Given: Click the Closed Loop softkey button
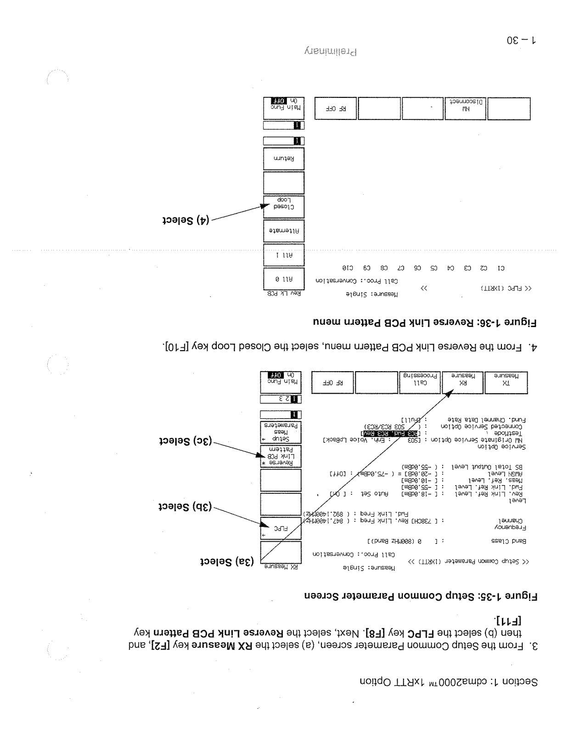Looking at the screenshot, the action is pyautogui.click(x=284, y=207).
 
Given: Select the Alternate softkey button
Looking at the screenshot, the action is pyautogui.click(x=284, y=232).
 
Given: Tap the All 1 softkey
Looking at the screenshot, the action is pyautogui.click(x=284, y=255).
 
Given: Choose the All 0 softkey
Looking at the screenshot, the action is pyautogui.click(x=284, y=279).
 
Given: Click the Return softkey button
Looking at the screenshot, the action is pyautogui.click(x=284, y=159).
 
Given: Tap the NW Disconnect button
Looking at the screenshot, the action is pyautogui.click(x=465, y=108).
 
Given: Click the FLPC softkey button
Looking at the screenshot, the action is pyautogui.click(x=281, y=528).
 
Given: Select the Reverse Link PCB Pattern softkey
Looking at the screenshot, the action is pyautogui.click(x=281, y=456).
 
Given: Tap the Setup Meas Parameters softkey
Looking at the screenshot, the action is pyautogui.click(x=281, y=432).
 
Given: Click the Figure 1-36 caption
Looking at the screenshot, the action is pyautogui.click(x=425, y=322).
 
